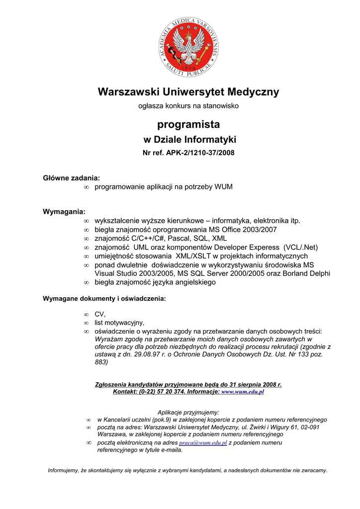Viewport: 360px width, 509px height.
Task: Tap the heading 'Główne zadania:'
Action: (x=71, y=177)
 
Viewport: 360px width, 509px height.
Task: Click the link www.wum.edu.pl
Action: (x=242, y=392)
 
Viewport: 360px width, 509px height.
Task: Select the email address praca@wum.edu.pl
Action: (x=203, y=442)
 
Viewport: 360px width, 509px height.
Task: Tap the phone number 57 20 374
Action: (x=169, y=392)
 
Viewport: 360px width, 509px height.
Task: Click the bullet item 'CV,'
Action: (x=100, y=314)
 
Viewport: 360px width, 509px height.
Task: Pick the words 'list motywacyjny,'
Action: (x=119, y=323)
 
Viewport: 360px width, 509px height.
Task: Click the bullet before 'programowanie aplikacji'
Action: (x=86, y=187)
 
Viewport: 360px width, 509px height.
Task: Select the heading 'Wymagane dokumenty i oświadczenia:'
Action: (x=104, y=299)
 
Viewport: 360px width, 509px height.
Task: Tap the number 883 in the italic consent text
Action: (x=101, y=362)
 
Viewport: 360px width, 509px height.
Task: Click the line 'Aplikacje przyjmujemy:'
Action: (x=188, y=412)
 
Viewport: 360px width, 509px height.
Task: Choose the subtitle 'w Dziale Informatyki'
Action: (x=189, y=140)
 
